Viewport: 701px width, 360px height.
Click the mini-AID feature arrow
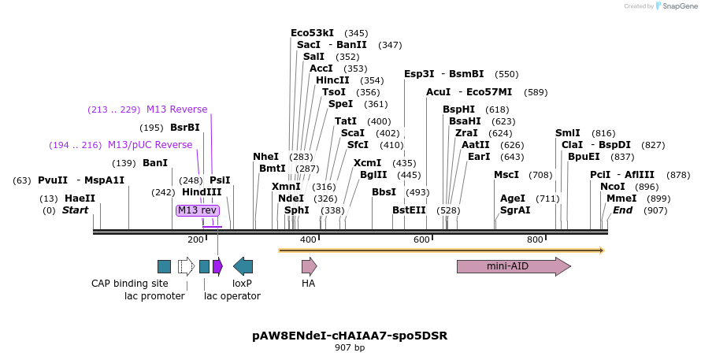pyautogui.click(x=513, y=266)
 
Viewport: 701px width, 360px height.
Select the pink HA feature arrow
pyautogui.click(x=309, y=266)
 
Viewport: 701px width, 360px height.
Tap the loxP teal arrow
pyautogui.click(x=243, y=266)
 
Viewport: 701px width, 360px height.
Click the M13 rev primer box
pyautogui.click(x=197, y=210)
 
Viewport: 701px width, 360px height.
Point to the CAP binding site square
pyautogui.click(x=164, y=266)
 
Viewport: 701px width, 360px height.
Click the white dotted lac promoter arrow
pyautogui.click(x=186, y=266)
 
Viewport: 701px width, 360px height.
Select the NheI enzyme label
pyautogui.click(x=265, y=157)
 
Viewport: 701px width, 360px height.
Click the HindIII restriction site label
pyautogui.click(x=202, y=191)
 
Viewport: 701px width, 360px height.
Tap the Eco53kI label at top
pyautogui.click(x=312, y=33)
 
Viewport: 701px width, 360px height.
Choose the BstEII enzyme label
pyautogui.click(x=409, y=210)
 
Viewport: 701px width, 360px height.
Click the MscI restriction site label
pyautogui.click(x=506, y=175)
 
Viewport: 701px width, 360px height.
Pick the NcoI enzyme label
pyautogui.click(x=612, y=187)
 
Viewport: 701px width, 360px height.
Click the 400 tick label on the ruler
pyautogui.click(x=308, y=239)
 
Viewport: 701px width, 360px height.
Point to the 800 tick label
pyautogui.click(x=535, y=239)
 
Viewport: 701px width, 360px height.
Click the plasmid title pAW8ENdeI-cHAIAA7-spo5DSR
pyautogui.click(x=350, y=335)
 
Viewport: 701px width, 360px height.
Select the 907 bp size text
pyautogui.click(x=350, y=347)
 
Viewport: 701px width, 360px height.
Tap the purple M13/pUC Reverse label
pyautogui.click(x=150, y=145)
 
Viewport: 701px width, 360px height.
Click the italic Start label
pyautogui.click(x=76, y=210)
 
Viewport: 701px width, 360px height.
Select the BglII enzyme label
pyautogui.click(x=374, y=175)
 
